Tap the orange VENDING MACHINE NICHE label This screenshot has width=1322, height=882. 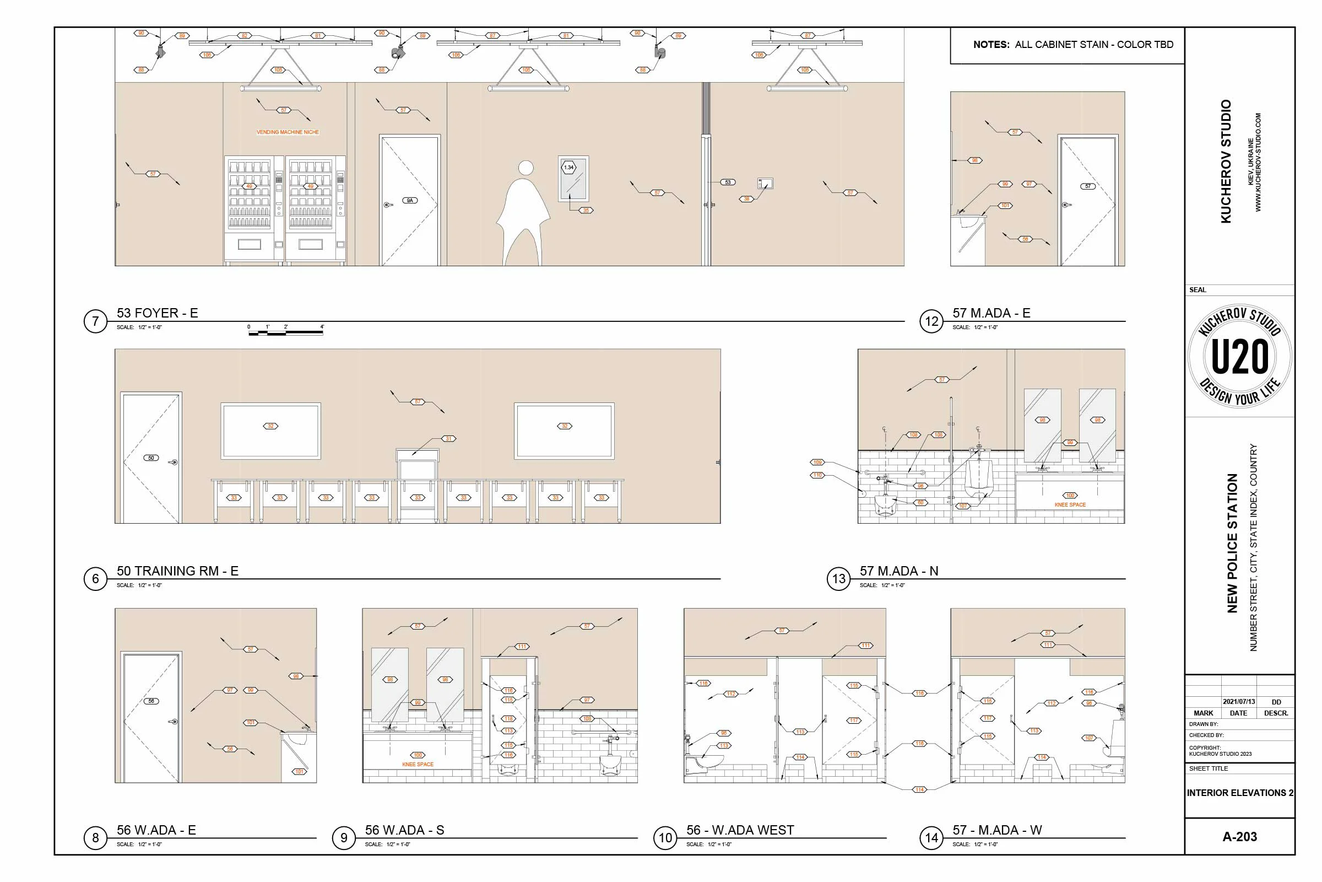point(288,132)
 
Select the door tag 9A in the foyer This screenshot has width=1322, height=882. point(410,200)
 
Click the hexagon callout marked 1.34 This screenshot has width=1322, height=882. point(569,167)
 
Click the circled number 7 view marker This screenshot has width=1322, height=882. point(95,321)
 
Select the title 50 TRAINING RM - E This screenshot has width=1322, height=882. point(177,571)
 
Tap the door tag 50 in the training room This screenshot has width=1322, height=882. point(151,458)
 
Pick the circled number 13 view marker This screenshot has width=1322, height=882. point(838,579)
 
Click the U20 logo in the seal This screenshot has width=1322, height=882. point(1239,357)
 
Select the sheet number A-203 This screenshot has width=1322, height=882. point(1239,836)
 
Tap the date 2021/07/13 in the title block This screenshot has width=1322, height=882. point(1238,701)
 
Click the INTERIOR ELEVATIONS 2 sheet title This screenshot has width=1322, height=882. point(1239,793)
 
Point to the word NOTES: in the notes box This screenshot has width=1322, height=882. point(991,45)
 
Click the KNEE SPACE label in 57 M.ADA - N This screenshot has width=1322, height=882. point(1070,504)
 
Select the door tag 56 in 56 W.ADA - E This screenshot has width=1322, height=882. point(151,701)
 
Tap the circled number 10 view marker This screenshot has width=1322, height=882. point(665,838)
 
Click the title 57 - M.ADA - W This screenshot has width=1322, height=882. point(996,830)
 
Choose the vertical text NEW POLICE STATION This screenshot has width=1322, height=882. point(1232,543)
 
